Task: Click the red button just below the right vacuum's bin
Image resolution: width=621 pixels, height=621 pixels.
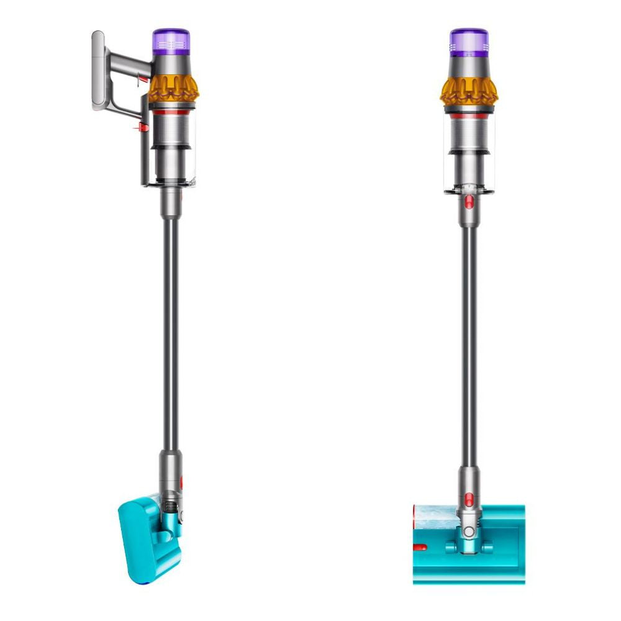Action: [x=469, y=201]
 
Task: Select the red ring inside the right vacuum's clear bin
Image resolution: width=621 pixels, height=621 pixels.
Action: [x=469, y=116]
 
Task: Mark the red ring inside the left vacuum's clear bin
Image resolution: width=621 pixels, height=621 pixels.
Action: [x=172, y=113]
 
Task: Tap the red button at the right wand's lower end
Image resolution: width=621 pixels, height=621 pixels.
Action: [x=469, y=494]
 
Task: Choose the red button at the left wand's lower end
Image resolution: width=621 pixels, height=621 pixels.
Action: [x=181, y=481]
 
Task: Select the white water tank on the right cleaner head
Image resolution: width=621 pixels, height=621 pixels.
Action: [x=435, y=513]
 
